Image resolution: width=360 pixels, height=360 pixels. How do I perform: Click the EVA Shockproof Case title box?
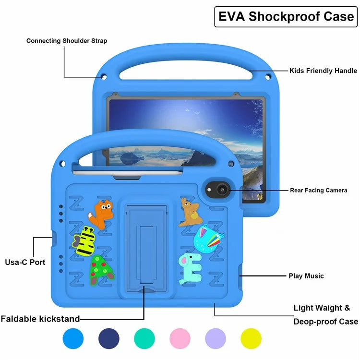286,16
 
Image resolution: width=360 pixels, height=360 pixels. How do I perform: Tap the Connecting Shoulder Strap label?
67,41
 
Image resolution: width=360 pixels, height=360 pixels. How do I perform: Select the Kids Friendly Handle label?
323,71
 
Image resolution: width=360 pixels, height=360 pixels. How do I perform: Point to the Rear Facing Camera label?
318,191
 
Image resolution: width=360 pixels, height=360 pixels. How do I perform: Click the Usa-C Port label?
25,262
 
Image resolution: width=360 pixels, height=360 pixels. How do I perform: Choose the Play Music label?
306,276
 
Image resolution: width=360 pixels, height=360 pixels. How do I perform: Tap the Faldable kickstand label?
40,319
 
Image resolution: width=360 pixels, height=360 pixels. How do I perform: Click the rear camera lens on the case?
221,191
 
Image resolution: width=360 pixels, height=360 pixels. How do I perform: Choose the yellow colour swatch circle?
251,338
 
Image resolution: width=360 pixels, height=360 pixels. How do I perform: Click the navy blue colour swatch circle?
109,338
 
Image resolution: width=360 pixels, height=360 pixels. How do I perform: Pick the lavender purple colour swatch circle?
216,338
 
